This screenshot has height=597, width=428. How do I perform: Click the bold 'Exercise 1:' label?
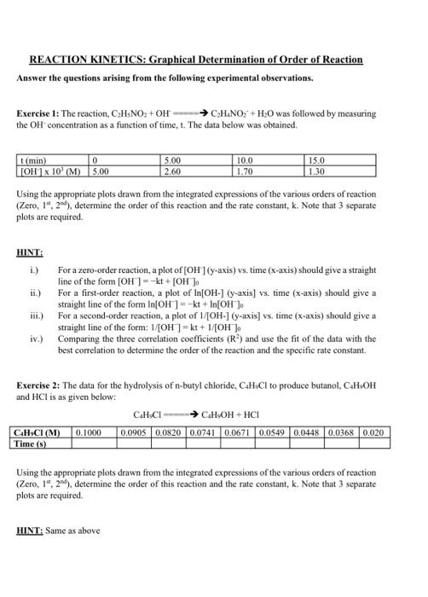coord(38,113)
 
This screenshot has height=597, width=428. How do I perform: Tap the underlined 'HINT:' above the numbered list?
coord(30,251)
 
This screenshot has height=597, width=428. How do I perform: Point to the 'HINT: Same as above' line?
coord(59,530)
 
